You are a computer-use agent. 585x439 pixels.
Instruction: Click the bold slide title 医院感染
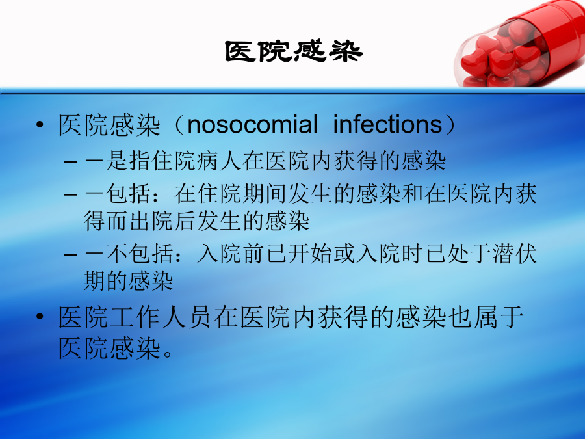point(294,51)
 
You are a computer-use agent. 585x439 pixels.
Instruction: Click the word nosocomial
point(252,124)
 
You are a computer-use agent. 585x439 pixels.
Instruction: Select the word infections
point(387,124)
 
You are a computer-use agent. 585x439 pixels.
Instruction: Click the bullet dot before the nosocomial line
point(40,125)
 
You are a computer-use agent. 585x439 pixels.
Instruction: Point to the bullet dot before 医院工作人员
point(40,317)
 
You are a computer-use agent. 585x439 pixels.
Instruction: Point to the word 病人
point(208,161)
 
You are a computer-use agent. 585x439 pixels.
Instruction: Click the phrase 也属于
point(486,317)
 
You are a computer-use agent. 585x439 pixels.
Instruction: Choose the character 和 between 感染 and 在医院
point(413,193)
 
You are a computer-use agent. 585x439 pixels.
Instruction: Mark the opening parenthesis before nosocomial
point(180,125)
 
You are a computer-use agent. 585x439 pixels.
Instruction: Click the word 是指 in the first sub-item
point(129,161)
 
